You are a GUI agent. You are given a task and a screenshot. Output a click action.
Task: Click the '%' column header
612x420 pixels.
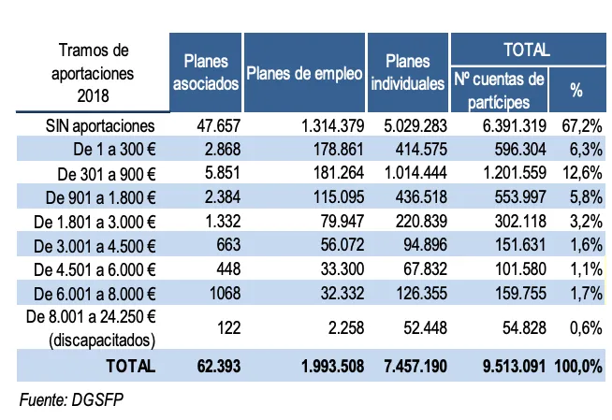pyautogui.click(x=576, y=91)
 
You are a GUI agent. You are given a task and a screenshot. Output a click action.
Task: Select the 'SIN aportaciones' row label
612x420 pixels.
pyautogui.click(x=100, y=125)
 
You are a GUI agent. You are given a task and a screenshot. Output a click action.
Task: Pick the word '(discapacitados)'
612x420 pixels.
pyautogui.click(x=106, y=340)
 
